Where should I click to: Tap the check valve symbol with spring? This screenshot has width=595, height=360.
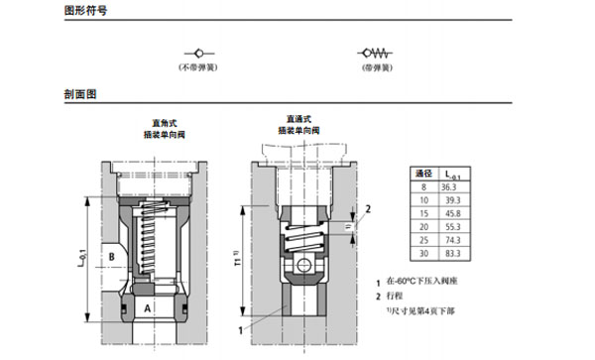(x=375, y=52)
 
